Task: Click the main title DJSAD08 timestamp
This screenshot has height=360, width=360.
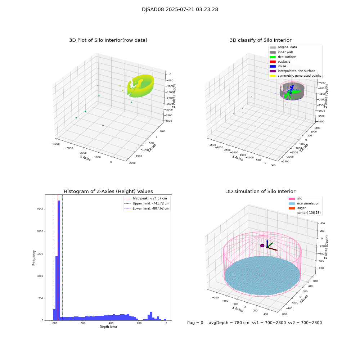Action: [180, 10]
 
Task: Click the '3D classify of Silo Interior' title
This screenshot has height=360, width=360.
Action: [260, 40]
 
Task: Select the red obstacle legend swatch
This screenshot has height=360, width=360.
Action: [273, 62]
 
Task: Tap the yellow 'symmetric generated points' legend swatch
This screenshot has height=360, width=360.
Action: [273, 76]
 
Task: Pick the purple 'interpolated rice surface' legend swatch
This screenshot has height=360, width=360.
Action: [273, 71]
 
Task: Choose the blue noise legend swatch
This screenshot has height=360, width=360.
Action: [273, 66]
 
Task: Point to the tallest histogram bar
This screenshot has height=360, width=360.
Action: [59, 259]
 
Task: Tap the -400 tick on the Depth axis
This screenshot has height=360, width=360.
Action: [138, 324]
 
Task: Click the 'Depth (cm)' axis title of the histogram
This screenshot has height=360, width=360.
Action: [108, 327]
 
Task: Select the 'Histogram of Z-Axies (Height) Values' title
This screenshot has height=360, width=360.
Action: [108, 192]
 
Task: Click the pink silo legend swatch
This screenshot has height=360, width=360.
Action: [292, 198]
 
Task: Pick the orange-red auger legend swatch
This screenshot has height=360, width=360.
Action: [292, 208]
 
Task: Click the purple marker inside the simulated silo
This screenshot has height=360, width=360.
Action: [262, 246]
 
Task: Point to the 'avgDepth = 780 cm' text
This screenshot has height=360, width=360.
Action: [229, 323]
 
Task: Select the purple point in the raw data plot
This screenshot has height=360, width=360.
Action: [103, 125]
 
